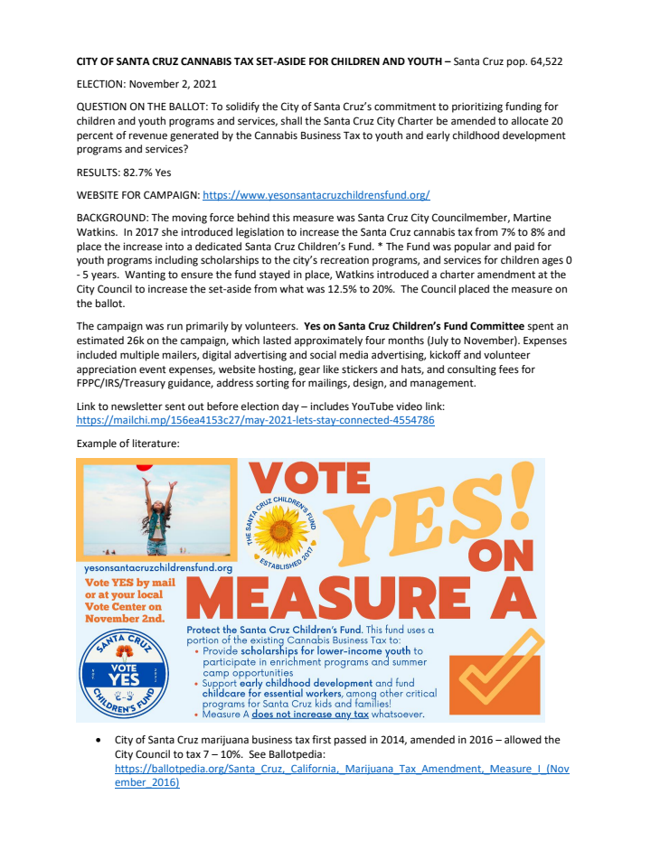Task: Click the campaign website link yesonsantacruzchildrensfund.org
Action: (316, 194)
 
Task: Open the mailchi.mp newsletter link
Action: (255, 420)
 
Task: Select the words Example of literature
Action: (128, 444)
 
